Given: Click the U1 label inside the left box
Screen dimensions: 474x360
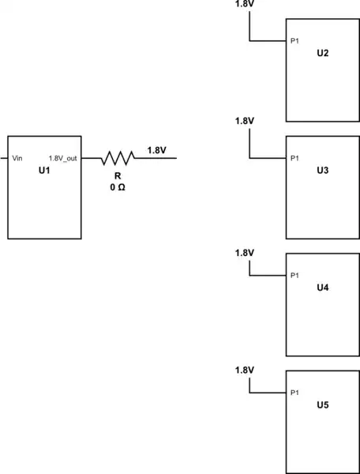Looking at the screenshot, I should pyautogui.click(x=44, y=170).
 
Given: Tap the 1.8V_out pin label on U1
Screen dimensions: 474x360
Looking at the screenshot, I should pyautogui.click(x=63, y=158).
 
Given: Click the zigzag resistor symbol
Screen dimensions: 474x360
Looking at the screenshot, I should pyautogui.click(x=117, y=158).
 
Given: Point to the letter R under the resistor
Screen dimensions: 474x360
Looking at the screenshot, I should pyautogui.click(x=117, y=176).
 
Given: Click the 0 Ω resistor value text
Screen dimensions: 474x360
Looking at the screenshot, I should pyautogui.click(x=117, y=188).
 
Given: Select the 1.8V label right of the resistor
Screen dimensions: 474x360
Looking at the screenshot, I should pyautogui.click(x=156, y=150).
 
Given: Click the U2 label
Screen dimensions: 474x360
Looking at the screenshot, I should pyautogui.click(x=322, y=53).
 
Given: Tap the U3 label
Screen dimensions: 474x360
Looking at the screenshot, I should pyautogui.click(x=322, y=171).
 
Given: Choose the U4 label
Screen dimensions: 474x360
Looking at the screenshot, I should pyautogui.click(x=322, y=288).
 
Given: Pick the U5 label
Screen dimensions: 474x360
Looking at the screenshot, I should pyautogui.click(x=322, y=405).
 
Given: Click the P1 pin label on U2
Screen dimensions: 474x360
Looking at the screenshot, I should pyautogui.click(x=295, y=41).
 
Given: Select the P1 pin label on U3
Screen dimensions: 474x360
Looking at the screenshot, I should pyautogui.click(x=295, y=159).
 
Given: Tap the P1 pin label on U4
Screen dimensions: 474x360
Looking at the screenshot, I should pyautogui.click(x=295, y=276).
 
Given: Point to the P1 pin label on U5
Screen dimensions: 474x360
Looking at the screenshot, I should pyautogui.click(x=295, y=393).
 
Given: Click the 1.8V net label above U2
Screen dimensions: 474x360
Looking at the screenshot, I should pyautogui.click(x=245, y=5).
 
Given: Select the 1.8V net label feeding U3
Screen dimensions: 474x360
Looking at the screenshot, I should pyautogui.click(x=245, y=121).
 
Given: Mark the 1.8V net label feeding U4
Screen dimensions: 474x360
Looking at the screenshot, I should pyautogui.click(x=245, y=253).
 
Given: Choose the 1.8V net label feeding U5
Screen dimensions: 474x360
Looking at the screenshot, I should pyautogui.click(x=245, y=371).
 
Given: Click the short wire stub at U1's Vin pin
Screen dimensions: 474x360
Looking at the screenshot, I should pyautogui.click(x=4, y=158).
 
